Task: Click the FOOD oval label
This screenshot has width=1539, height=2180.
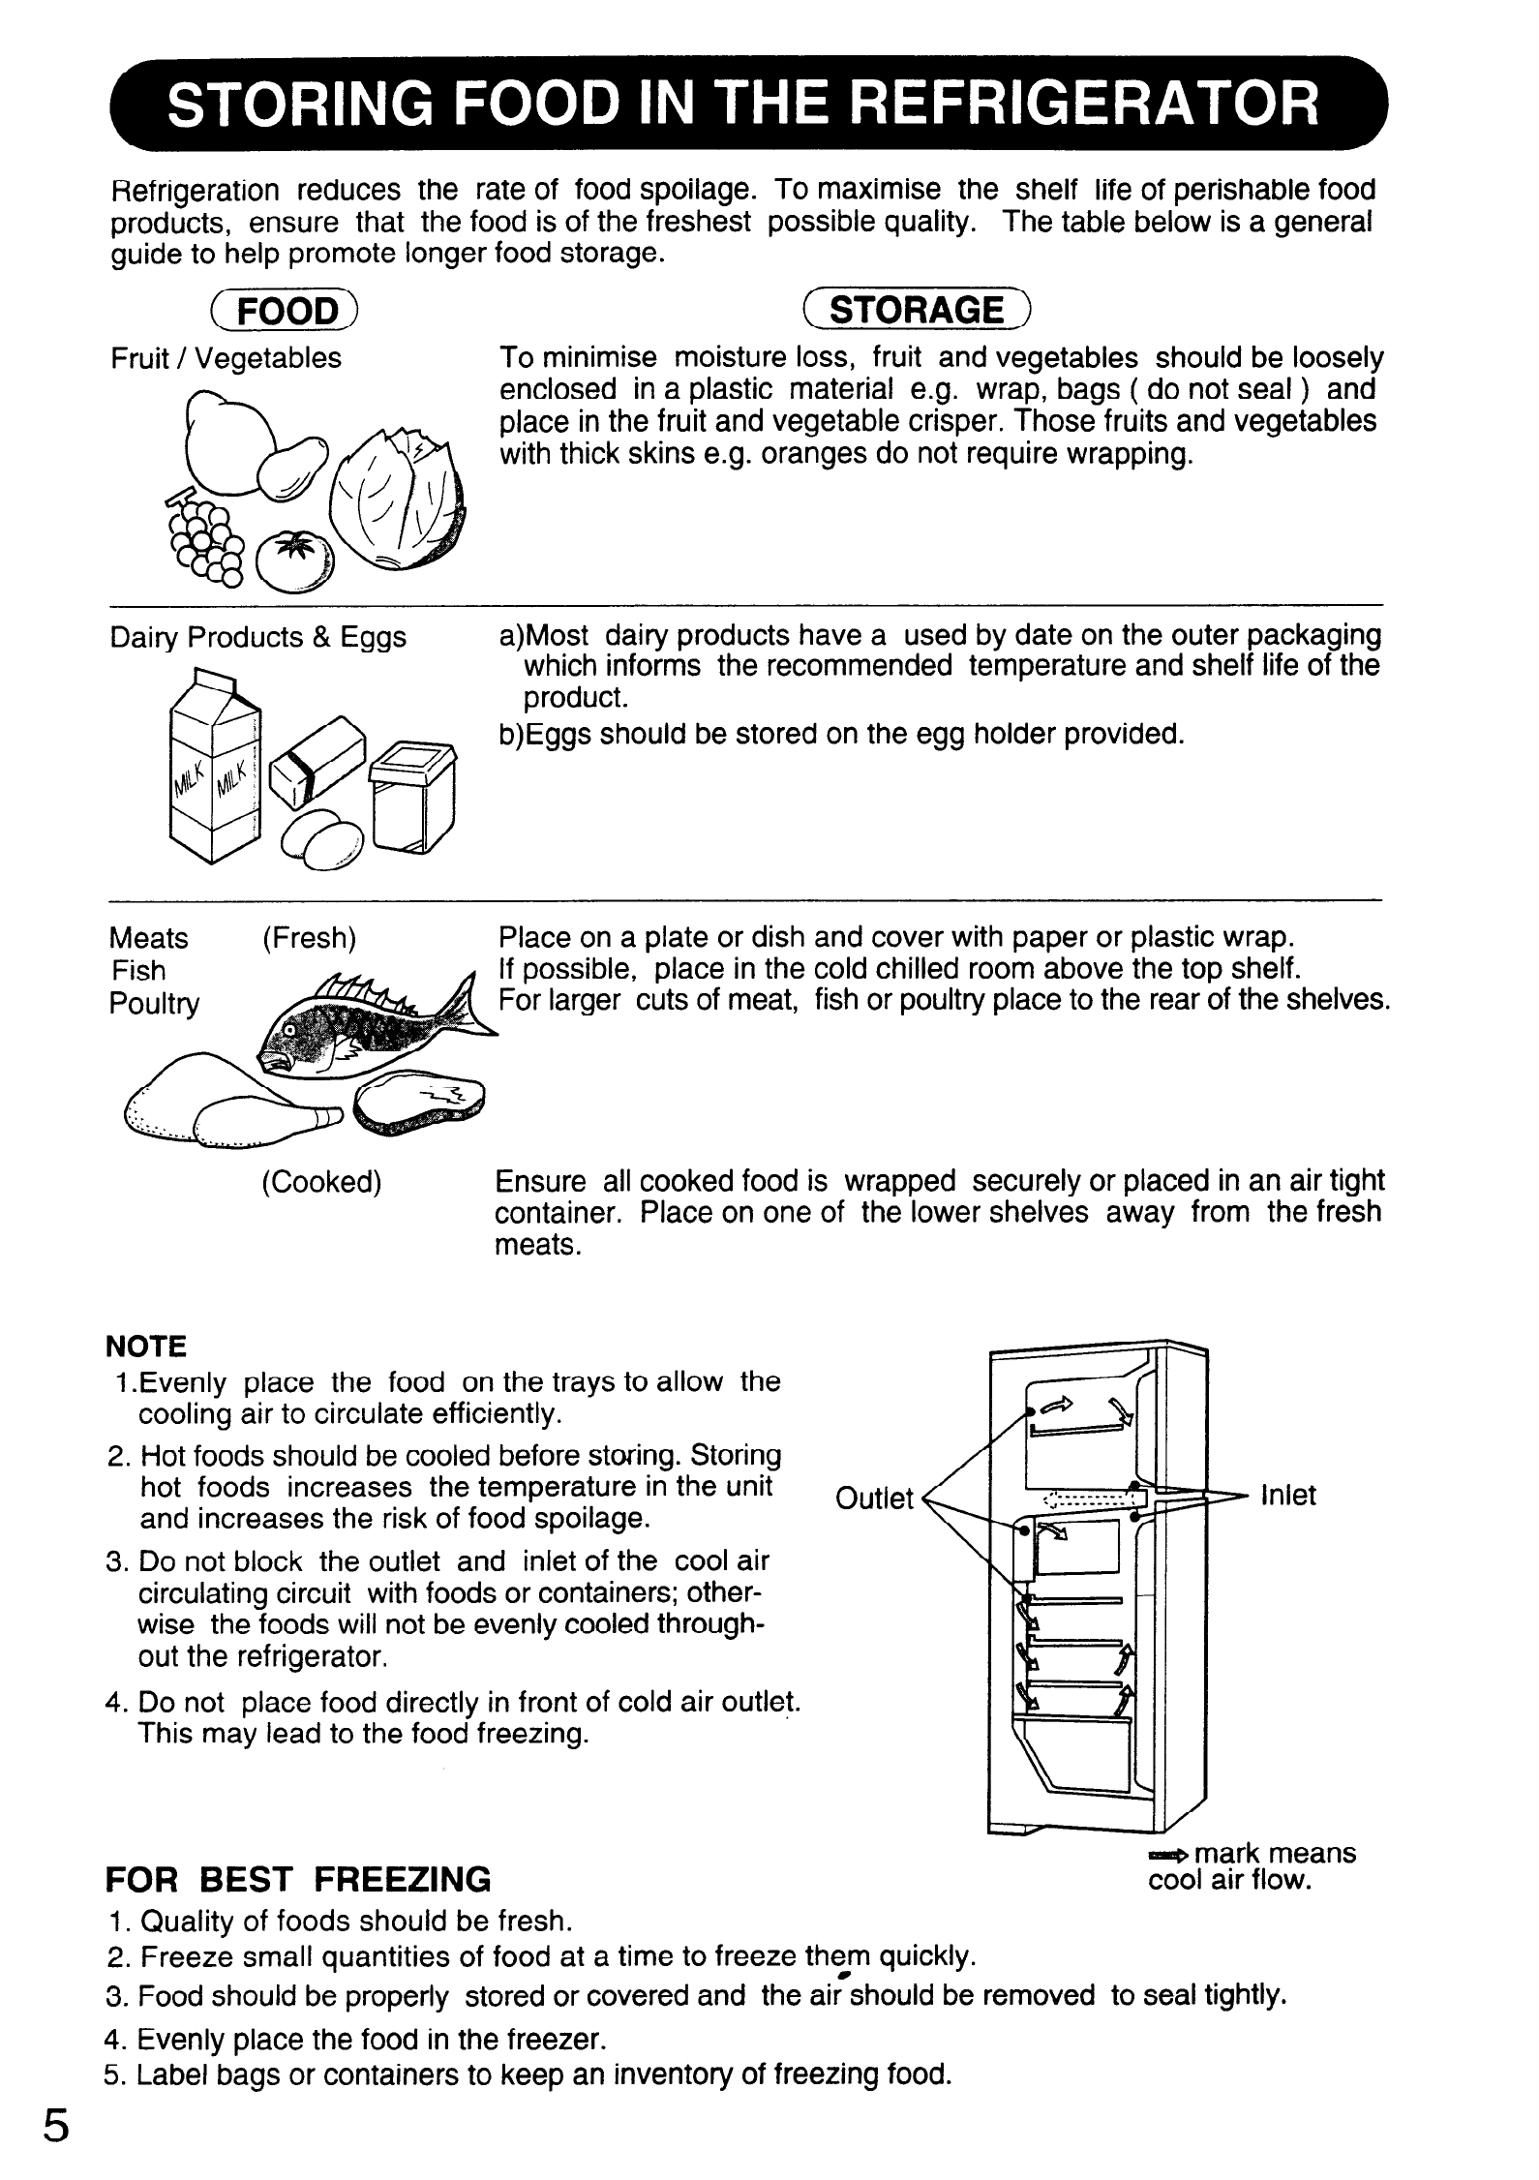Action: click(x=287, y=311)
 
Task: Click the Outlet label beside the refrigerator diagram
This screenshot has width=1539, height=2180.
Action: click(x=873, y=1499)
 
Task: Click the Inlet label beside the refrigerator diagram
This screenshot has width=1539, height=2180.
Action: click(x=1287, y=1496)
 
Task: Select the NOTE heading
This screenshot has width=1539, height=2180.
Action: click(x=145, y=1347)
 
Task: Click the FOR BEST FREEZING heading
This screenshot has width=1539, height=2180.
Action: click(x=298, y=1881)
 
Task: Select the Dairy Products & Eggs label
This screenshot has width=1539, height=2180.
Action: click(x=257, y=638)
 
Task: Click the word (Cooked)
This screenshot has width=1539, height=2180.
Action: click(x=321, y=1182)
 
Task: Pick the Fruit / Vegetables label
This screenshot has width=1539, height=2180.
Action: click(x=226, y=359)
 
